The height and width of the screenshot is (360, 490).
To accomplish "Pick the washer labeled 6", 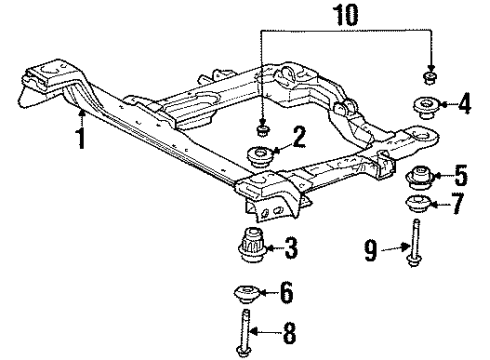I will [244, 296].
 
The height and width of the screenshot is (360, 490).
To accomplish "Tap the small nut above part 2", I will [261, 128].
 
